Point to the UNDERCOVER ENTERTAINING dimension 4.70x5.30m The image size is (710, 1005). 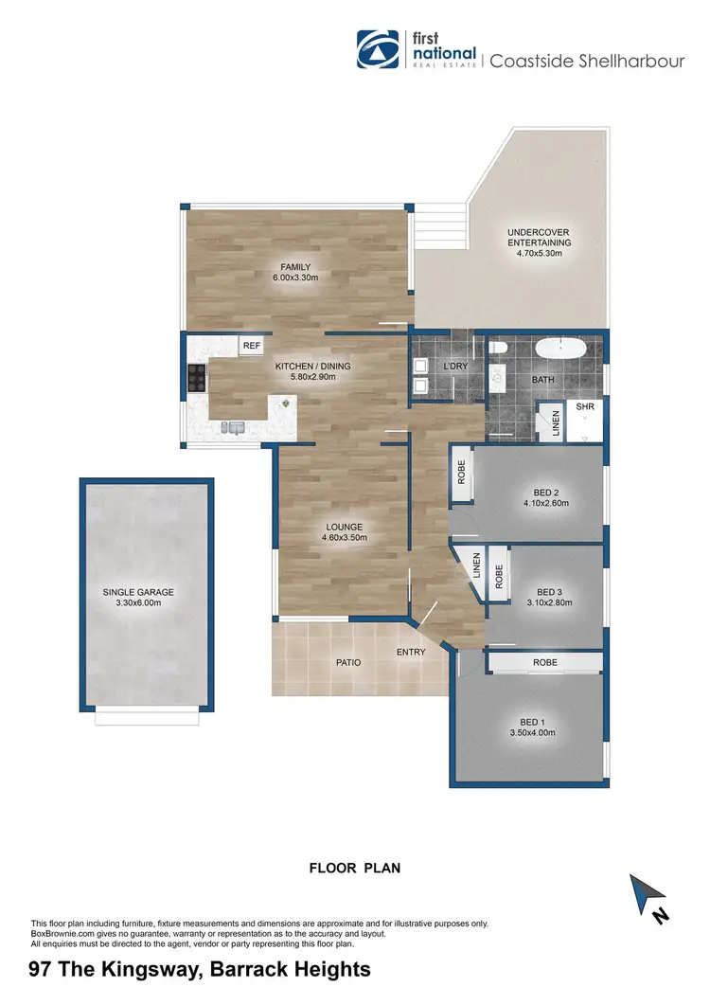click(539, 253)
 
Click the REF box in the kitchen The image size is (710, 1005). click(251, 347)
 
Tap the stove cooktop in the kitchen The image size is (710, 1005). click(198, 378)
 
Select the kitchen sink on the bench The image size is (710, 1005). click(233, 428)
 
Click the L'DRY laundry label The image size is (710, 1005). click(455, 366)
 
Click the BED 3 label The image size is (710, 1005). click(541, 592)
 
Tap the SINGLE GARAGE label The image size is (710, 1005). click(138, 593)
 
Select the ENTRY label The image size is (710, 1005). click(411, 651)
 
